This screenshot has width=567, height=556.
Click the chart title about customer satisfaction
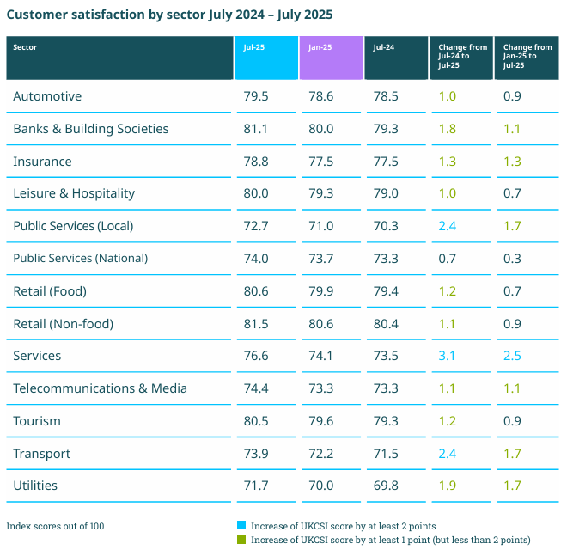pos(170,15)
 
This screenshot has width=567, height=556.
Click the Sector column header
pos(25,47)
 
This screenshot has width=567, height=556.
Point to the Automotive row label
pos(47,96)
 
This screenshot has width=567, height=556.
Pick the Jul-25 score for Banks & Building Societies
pos(256,129)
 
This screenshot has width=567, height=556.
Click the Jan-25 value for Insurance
pos(320,162)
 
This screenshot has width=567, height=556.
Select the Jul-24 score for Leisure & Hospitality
pos(386,193)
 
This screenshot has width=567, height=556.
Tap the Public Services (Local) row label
pos(73,226)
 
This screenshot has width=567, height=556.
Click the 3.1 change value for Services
pos(448,356)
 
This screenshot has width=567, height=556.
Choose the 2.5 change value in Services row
pos(512,356)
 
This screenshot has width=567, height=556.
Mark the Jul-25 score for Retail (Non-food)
pos(256,324)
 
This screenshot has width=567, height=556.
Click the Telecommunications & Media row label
pos(100,388)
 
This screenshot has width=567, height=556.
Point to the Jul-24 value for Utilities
pos(386,486)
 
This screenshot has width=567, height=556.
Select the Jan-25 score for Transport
pos(320,454)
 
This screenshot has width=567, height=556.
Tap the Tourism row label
pos(37,421)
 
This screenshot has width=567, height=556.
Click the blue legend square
pos(241,525)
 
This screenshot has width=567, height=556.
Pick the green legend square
pos(241,540)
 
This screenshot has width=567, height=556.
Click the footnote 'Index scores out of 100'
pos(55,526)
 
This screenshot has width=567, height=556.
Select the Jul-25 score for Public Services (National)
pos(256,259)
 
